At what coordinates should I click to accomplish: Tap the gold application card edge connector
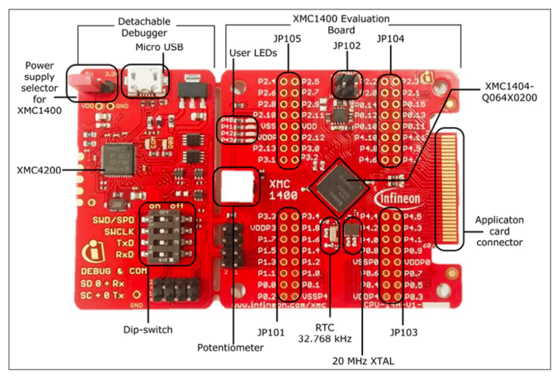point(450,189)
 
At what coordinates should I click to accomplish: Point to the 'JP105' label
point(288,39)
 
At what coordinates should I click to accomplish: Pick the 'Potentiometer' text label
point(230,348)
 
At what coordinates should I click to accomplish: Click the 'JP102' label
point(347,45)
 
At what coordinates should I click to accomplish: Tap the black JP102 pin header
point(347,85)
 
